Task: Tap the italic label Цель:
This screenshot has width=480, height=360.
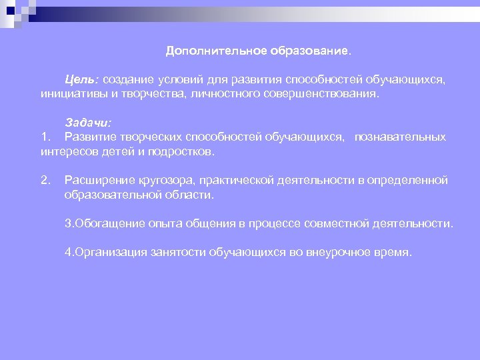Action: point(82,80)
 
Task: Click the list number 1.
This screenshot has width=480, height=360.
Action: point(45,137)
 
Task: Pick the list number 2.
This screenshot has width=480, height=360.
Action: point(45,181)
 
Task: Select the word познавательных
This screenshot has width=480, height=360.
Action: point(400,137)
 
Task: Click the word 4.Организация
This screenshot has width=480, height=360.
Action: point(104,253)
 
